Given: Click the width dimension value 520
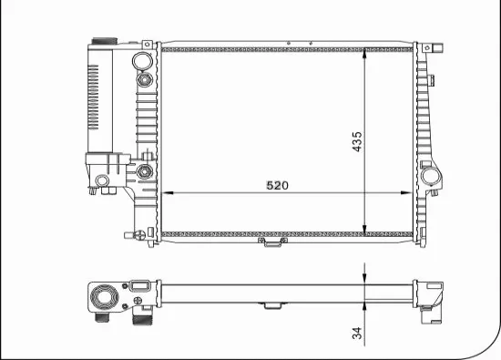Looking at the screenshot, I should (277, 185).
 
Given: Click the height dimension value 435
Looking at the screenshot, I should (357, 141).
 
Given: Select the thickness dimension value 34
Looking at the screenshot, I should (358, 334).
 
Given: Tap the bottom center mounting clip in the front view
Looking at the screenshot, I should (271, 242).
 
